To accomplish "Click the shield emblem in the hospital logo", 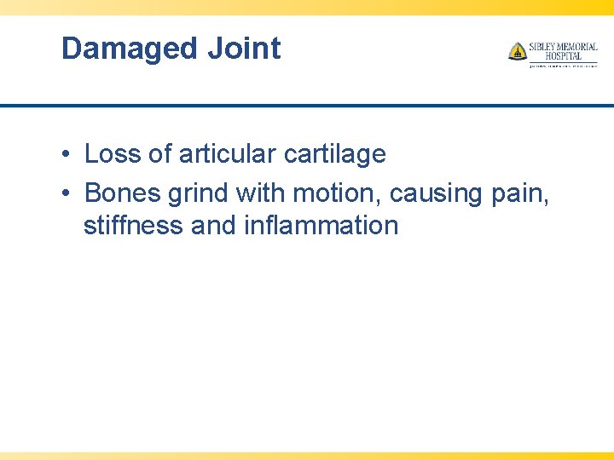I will coord(517,52).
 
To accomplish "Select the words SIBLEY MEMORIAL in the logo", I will coord(564,47).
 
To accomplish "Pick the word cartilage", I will coord(334,154).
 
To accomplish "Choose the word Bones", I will coord(123,193).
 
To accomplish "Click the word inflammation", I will coord(321,226).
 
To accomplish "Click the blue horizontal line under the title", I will coord(307,106).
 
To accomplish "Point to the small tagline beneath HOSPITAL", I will coord(563,65).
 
